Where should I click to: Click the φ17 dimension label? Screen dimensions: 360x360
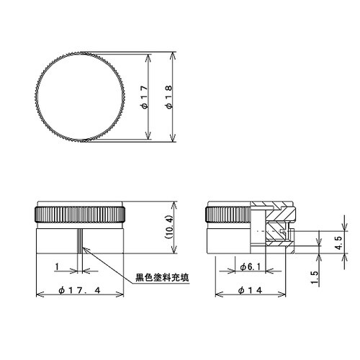pyautogui.click(x=145, y=96)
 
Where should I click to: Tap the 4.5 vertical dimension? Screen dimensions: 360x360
pyautogui.click(x=338, y=240)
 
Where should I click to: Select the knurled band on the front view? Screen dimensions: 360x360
pyautogui.click(x=81, y=214)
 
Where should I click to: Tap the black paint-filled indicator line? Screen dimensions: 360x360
pyautogui.click(x=81, y=240)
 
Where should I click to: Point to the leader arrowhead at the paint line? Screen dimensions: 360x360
pyautogui.click(x=86, y=249)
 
